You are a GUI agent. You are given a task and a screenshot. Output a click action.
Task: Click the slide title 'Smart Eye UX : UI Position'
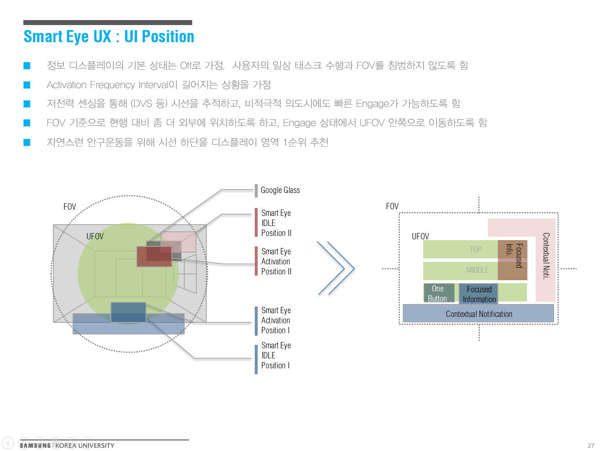pyautogui.click(x=109, y=37)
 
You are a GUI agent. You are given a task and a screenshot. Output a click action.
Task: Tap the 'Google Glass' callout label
pyautogui.click(x=280, y=190)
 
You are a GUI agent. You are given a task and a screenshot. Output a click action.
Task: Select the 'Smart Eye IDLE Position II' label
pyautogui.click(x=276, y=223)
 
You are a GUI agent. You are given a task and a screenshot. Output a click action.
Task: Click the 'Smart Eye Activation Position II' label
pyautogui.click(x=276, y=261)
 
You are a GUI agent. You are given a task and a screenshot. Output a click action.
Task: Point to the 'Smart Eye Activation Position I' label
pyautogui.click(x=276, y=320)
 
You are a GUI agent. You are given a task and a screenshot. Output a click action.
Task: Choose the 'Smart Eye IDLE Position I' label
pyautogui.click(x=276, y=355)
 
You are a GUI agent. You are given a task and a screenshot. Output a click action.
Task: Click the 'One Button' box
pyautogui.click(x=438, y=293)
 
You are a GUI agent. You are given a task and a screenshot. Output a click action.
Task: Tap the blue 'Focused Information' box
pyautogui.click(x=479, y=294)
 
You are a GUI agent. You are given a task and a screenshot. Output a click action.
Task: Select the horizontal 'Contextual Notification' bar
pyautogui.click(x=479, y=314)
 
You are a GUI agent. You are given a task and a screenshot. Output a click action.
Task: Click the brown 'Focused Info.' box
pyautogui.click(x=513, y=260)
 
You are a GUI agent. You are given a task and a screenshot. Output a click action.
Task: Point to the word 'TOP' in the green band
pyautogui.click(x=475, y=249)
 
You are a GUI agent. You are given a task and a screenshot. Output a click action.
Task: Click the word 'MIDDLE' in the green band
pyautogui.click(x=477, y=270)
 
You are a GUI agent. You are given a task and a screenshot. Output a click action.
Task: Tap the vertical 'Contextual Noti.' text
pyautogui.click(x=546, y=256)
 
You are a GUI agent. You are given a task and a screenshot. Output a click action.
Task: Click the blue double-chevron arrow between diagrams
pyautogui.click(x=336, y=268)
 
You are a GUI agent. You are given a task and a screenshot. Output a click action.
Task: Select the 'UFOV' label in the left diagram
pyautogui.click(x=95, y=236)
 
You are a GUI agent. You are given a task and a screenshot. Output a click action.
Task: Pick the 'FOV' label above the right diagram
pyautogui.click(x=392, y=206)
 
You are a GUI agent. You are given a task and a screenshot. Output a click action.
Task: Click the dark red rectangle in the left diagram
pyautogui.click(x=154, y=256)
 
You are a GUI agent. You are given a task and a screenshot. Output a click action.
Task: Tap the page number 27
pyautogui.click(x=591, y=446)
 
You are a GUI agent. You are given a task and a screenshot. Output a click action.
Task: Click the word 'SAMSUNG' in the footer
pyautogui.click(x=35, y=446)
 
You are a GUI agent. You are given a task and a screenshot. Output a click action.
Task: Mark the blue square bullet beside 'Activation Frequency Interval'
pyautogui.click(x=27, y=85)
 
